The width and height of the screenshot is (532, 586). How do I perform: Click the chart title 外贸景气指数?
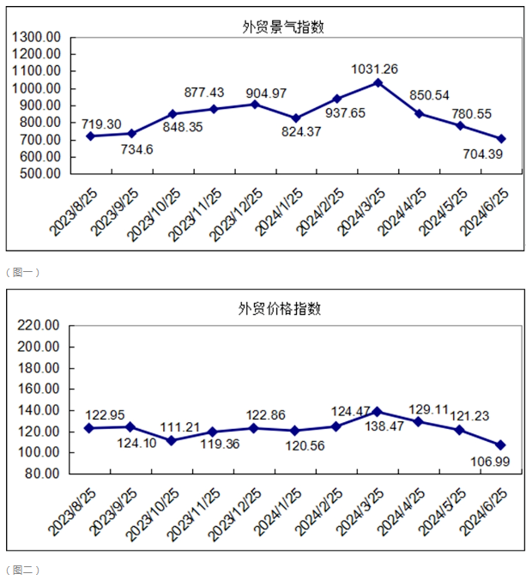tap(282, 27)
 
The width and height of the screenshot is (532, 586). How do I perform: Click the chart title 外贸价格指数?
tap(280, 309)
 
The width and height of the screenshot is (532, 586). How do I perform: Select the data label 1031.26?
tap(375, 69)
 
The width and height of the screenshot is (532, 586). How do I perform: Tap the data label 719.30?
tap(101, 124)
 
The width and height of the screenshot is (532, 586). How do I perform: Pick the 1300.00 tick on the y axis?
tap(37, 37)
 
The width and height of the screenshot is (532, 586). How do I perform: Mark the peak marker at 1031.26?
tap(378, 82)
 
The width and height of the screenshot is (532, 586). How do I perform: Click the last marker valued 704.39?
tap(501, 138)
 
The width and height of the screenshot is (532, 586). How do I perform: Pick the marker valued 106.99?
tap(501, 445)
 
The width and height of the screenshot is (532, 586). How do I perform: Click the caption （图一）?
tap(23, 272)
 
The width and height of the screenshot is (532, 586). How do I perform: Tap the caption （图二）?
tap(23, 570)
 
